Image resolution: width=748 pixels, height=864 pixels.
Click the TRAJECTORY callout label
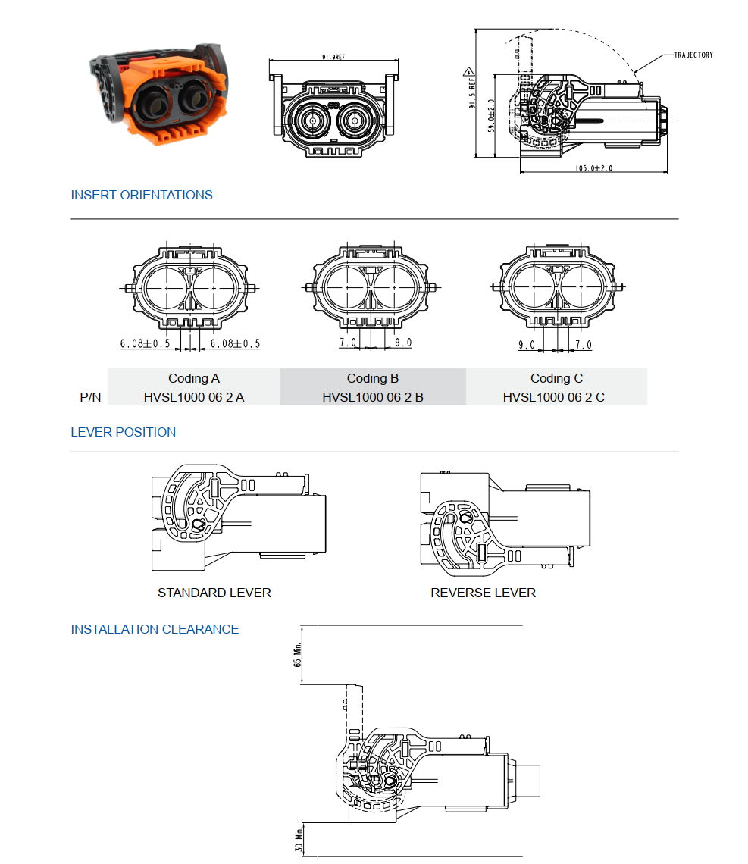693,55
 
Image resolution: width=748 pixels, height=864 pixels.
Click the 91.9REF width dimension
334,58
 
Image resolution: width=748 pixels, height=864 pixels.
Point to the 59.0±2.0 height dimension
491,116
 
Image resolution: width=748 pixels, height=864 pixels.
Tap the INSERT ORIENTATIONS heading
142,195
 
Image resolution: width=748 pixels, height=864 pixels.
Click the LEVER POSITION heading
124,432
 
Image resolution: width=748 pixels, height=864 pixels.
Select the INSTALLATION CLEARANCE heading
155,629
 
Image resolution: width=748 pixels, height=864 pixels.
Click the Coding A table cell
194,378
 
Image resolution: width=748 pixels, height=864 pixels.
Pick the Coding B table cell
373,378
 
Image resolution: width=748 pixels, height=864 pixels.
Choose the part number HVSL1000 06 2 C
554,396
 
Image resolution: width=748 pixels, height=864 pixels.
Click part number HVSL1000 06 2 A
194,396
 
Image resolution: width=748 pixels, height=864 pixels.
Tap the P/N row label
90,396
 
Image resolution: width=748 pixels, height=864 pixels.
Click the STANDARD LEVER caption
214,593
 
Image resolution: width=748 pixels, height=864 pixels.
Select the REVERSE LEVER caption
484,593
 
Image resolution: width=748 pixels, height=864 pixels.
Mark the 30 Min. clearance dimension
298,840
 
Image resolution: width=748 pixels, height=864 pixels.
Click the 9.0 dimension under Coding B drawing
403,343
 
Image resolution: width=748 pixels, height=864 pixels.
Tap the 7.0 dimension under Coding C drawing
584,345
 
